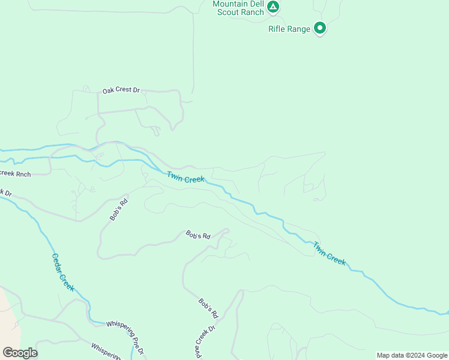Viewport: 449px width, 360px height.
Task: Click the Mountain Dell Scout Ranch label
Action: pyautogui.click(x=238, y=8)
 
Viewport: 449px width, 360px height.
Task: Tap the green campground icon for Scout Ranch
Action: pyautogui.click(x=273, y=7)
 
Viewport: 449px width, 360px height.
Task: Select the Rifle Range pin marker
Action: pyautogui.click(x=320, y=28)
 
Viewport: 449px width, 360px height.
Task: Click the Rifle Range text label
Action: pyautogui.click(x=289, y=29)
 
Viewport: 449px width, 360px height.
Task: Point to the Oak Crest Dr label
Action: pyautogui.click(x=121, y=91)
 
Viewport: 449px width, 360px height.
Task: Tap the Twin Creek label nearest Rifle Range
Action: pyautogui.click(x=329, y=253)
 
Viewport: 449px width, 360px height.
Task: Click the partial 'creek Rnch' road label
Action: pyautogui.click(x=15, y=173)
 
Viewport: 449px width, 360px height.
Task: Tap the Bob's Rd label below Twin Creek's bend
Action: pyautogui.click(x=198, y=235)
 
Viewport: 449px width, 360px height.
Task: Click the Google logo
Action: pyautogui.click(x=20, y=352)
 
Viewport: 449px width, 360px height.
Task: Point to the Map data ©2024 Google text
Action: pyautogui.click(x=411, y=355)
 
